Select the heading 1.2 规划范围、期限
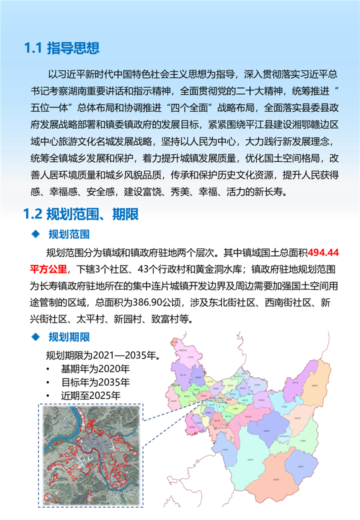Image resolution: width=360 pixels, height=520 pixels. tap(80, 214)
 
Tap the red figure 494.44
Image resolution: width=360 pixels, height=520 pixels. tap(323, 252)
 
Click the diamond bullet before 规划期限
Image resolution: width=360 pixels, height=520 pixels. tap(35, 338)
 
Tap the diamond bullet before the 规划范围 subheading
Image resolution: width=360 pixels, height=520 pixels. tap(35, 234)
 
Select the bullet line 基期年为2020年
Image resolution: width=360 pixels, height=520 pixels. tap(95, 369)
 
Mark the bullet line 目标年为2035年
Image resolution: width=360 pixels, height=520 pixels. tap(95, 382)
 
